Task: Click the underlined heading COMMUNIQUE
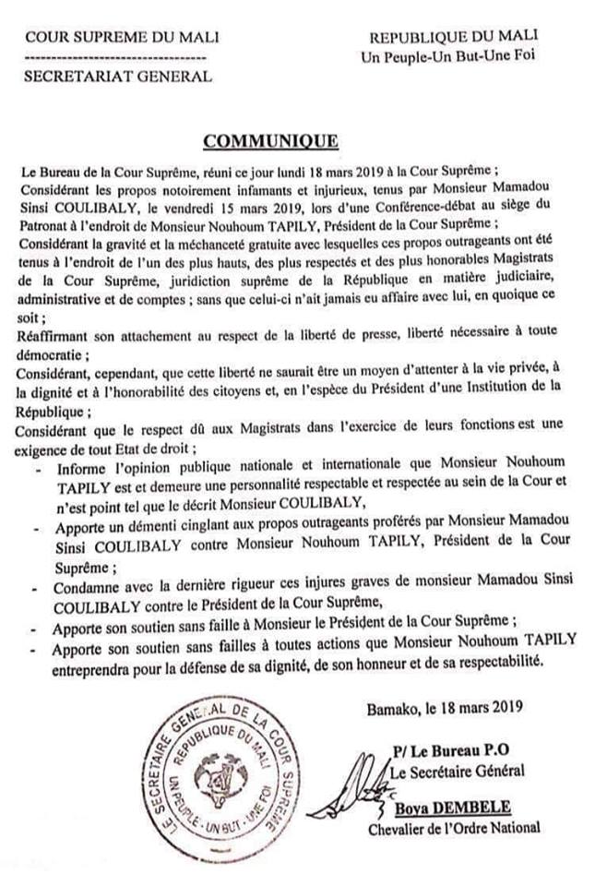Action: point(270,141)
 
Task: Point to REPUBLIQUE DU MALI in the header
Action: point(454,38)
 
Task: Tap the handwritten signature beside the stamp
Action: point(369,789)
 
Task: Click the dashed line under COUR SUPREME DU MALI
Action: point(114,57)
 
